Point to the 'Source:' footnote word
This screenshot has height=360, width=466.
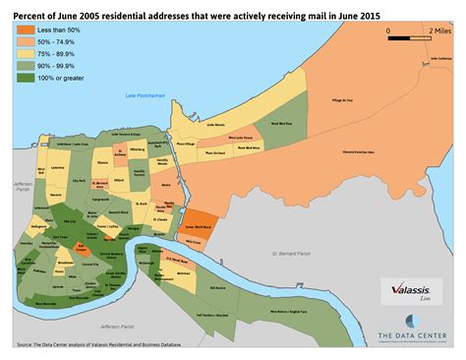(x=25, y=345)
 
